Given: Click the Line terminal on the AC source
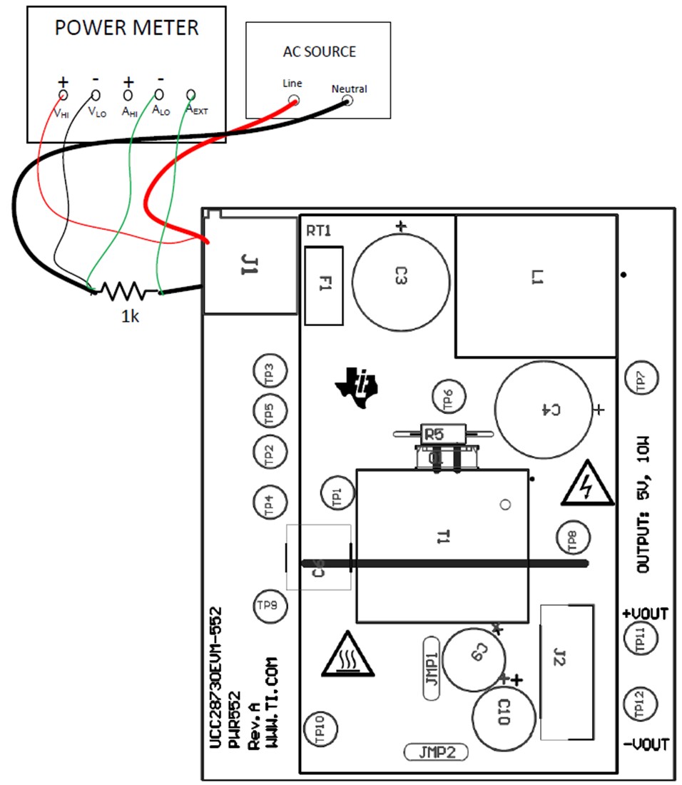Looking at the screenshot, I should tap(293, 101).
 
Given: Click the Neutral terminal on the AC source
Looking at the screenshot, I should tap(347, 101).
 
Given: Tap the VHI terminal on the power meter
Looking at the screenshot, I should tap(63, 95).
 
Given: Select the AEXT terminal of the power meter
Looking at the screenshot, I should tap(190, 95).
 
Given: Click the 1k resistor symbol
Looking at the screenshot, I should tap(122, 290).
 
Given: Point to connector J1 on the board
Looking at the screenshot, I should tap(250, 266).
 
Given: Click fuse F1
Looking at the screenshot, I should tap(323, 285).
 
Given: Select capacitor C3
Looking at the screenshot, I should tap(401, 277).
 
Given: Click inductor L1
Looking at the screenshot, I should tap(536, 286).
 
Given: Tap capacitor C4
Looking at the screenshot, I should tap(544, 409).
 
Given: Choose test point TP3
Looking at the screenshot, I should tap(270, 371).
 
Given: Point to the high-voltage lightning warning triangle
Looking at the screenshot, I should tap(586, 486).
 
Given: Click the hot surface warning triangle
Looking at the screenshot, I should tap(347, 655).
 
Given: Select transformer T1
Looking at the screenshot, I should tap(442, 545).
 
